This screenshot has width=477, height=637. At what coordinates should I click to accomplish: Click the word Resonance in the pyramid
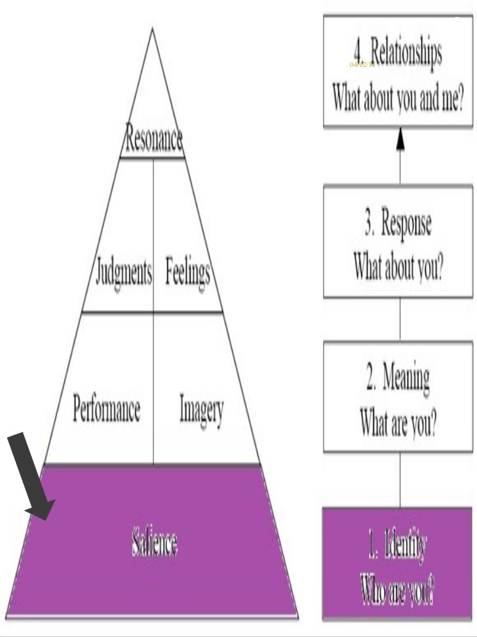click(154, 140)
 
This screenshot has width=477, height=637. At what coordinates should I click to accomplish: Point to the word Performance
click(106, 410)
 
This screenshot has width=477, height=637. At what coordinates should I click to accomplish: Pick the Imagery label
click(202, 411)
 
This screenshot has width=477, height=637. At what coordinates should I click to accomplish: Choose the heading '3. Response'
click(398, 225)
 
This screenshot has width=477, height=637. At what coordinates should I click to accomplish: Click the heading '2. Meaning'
click(398, 379)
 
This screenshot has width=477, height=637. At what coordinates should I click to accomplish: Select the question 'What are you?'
click(398, 424)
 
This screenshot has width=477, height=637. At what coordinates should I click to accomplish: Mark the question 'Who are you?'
click(397, 592)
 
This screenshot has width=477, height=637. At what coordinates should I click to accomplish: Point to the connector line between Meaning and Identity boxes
click(400, 479)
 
